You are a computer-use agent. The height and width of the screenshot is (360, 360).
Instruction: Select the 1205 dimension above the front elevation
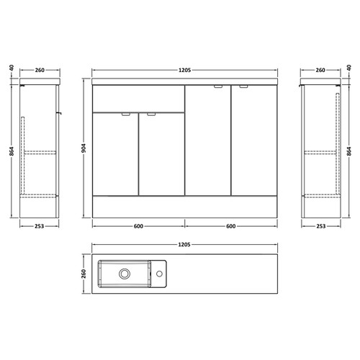tap(184, 71)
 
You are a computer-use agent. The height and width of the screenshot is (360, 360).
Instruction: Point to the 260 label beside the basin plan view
tap(84, 274)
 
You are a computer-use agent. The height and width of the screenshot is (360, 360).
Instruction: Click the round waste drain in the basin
tap(125, 274)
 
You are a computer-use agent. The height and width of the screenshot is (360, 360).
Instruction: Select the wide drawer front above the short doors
tap(138, 99)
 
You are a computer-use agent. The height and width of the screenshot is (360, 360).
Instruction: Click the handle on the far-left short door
tap(127, 114)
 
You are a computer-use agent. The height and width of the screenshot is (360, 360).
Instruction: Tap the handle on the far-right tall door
tap(243, 88)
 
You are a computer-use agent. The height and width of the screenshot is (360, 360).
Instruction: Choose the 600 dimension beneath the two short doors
tap(138, 225)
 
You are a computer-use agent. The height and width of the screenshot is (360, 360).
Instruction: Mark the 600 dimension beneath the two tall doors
tap(230, 225)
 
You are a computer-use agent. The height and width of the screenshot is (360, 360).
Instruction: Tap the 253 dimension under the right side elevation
tap(320, 225)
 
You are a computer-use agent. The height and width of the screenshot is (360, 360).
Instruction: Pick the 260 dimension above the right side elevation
tap(320, 71)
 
